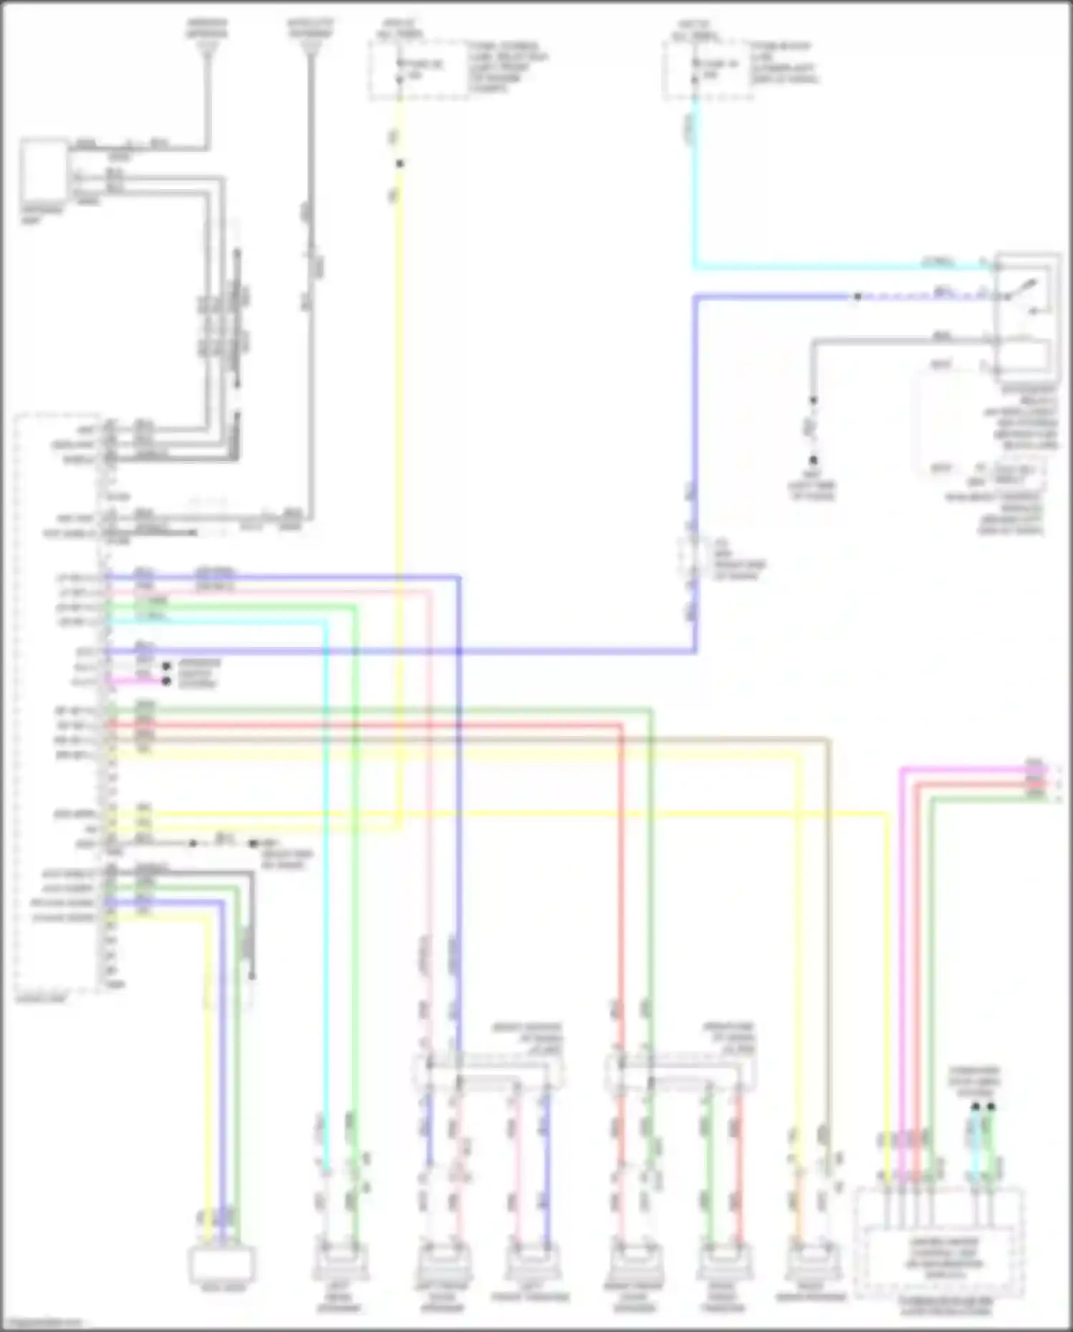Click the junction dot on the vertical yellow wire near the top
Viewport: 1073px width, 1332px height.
coord(400,164)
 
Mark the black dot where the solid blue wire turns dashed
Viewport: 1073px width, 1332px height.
coord(857,296)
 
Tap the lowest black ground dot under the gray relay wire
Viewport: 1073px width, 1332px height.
coord(813,461)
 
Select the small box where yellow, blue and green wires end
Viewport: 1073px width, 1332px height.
coord(222,1264)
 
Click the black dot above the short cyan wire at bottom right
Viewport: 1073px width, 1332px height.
coord(975,1107)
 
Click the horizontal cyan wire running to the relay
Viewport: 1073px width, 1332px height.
coord(844,267)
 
